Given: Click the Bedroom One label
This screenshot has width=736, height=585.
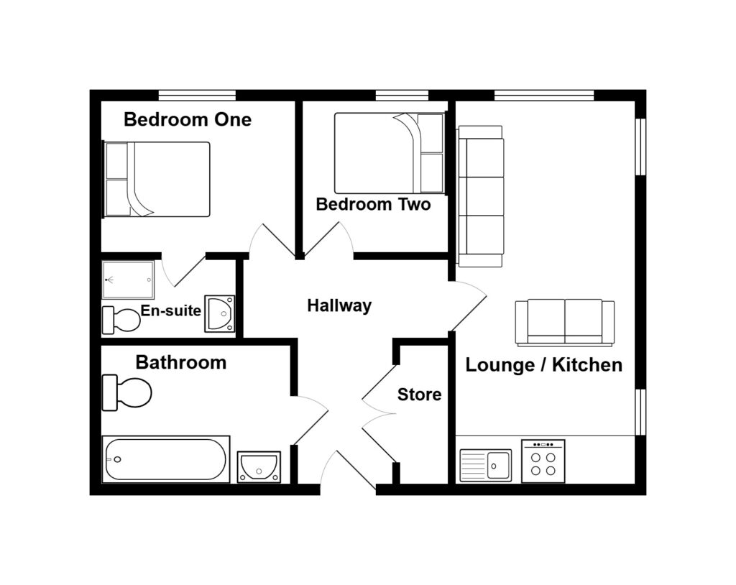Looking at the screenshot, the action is [x=188, y=120].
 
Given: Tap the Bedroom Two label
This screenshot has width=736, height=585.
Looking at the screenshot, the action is [x=373, y=204].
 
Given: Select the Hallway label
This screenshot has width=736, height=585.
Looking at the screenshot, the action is [x=339, y=305].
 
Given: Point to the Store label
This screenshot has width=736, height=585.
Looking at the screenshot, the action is [x=419, y=395].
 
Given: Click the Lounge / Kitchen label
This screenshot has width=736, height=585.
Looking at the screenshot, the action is [x=543, y=365].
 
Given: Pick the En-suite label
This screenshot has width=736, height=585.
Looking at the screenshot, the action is [x=171, y=310].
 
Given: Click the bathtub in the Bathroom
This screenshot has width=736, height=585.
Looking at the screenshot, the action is [x=166, y=459].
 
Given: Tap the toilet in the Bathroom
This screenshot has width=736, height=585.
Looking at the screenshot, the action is [x=126, y=392].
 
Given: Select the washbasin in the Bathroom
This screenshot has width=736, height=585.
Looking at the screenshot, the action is [x=259, y=466].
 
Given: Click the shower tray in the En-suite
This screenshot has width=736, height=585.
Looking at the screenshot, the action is [x=128, y=280].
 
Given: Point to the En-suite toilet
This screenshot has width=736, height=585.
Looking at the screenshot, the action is [x=121, y=320].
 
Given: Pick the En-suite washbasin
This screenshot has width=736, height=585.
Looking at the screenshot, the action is [x=220, y=313].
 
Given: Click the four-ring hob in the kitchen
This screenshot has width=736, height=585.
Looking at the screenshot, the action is [x=543, y=461].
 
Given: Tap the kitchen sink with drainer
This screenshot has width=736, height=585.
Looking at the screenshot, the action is [x=486, y=465].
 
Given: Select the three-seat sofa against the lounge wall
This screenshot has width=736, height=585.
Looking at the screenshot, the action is [x=481, y=196].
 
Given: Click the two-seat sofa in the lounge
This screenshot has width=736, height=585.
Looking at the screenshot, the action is [x=565, y=323].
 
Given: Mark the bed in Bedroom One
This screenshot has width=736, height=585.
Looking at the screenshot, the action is [x=156, y=180].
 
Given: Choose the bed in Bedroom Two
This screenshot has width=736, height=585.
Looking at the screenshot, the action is [x=389, y=153].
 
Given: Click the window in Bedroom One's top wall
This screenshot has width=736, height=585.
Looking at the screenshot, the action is [x=197, y=96].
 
